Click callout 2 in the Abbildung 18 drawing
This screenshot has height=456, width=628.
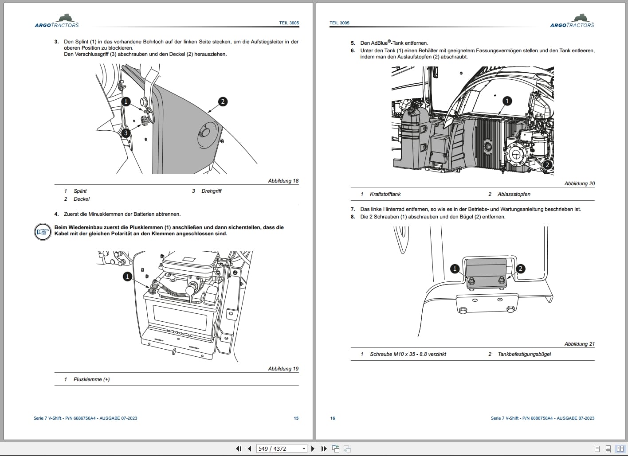(223, 101)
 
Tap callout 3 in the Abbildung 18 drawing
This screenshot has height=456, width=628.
(126, 133)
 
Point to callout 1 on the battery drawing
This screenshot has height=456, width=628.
(127, 277)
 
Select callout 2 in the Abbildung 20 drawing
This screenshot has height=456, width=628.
(547, 165)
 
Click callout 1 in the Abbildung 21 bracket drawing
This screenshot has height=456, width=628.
(455, 269)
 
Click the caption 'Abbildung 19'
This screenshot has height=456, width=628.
(283, 369)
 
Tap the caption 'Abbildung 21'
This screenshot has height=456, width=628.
(579, 344)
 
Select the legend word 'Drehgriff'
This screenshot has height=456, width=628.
(211, 191)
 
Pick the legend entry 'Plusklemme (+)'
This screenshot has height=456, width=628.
(91, 379)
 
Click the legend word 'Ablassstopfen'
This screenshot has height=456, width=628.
(514, 194)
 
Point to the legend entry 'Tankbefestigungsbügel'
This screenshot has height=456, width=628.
(524, 354)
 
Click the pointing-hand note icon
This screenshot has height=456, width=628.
(43, 231)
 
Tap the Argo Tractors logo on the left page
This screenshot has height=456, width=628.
(57, 21)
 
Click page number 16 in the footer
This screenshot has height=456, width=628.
(333, 418)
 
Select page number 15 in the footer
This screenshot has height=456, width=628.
(296, 418)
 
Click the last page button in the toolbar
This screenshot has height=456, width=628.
(324, 448)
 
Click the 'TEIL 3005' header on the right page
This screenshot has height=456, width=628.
(339, 23)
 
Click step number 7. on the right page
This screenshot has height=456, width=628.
(353, 209)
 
